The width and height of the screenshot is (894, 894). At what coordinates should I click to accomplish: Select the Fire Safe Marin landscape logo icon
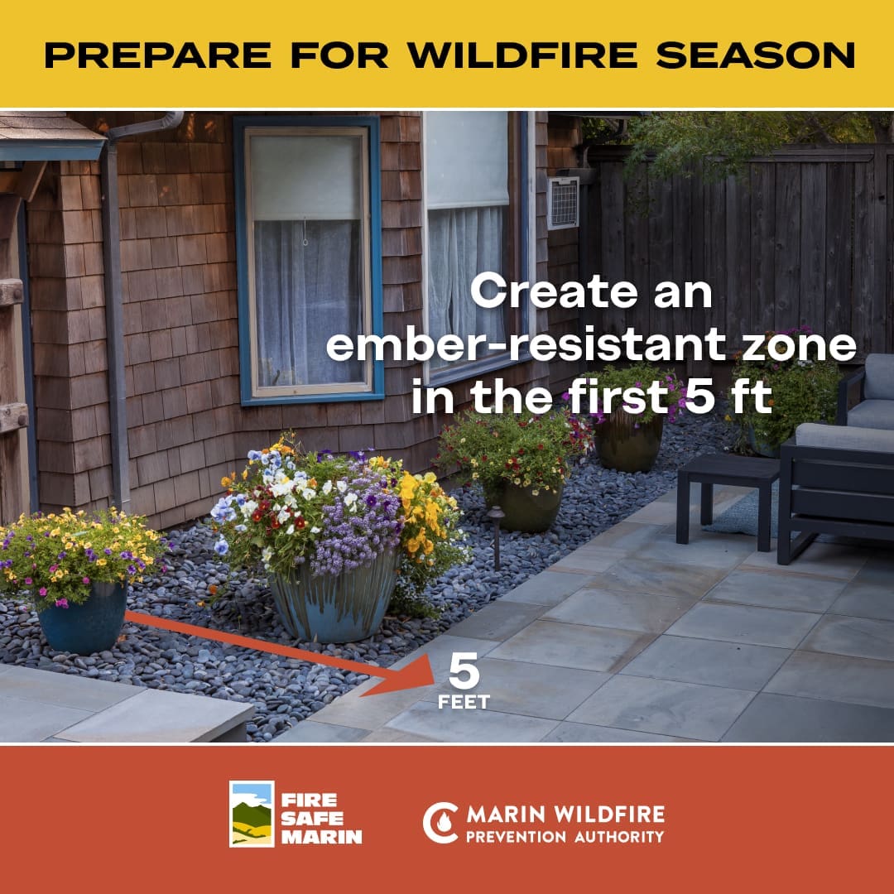252,814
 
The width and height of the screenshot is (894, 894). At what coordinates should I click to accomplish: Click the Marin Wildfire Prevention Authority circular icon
440,822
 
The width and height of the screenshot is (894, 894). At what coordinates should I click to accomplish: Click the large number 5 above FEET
464,672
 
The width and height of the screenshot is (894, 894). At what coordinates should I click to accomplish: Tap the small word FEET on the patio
464,703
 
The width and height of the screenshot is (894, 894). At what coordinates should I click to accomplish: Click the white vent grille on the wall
563,202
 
